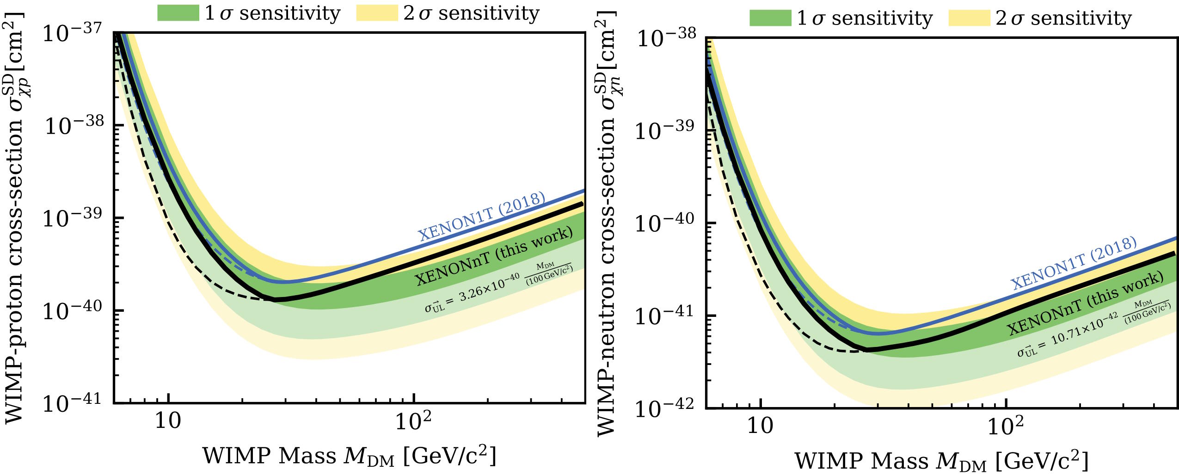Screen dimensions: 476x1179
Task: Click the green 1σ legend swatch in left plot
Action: (x=178, y=13)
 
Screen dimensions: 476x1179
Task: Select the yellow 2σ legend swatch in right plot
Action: (x=970, y=19)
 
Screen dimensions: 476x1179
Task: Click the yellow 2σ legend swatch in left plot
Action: (x=377, y=13)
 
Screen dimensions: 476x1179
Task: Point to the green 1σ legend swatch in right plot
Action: (x=770, y=19)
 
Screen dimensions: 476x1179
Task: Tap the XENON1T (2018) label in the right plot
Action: (x=1073, y=263)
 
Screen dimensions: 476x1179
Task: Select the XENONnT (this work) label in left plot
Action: (x=493, y=257)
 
